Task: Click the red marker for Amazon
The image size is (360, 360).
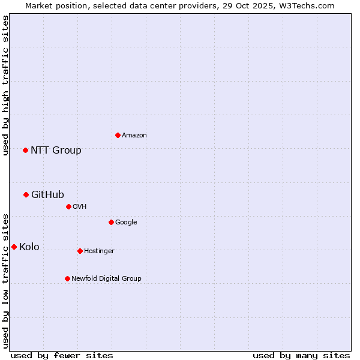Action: click(x=118, y=135)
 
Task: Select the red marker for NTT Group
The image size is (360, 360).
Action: click(x=25, y=150)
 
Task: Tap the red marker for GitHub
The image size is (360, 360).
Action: click(x=26, y=194)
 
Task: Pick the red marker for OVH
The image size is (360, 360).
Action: click(x=68, y=206)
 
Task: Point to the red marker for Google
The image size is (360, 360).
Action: click(x=111, y=222)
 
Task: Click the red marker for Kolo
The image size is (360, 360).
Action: click(x=14, y=247)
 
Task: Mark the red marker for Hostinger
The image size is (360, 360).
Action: click(x=80, y=251)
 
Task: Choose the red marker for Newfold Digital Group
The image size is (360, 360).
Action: click(x=67, y=278)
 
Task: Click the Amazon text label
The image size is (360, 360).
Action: click(x=134, y=136)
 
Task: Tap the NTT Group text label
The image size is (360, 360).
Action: click(x=56, y=151)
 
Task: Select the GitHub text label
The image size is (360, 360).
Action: click(x=47, y=195)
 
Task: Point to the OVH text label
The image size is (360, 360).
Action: click(x=80, y=207)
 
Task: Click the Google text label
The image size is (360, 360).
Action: click(x=126, y=223)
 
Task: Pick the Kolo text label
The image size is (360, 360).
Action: click(x=29, y=247)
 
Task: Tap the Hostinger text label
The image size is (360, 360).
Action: click(x=99, y=251)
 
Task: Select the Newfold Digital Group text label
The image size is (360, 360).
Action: click(x=106, y=279)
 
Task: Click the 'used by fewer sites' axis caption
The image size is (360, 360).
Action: click(x=62, y=355)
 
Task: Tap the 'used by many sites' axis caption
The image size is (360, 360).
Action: click(x=301, y=355)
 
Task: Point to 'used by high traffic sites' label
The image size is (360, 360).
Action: click(x=5, y=85)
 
